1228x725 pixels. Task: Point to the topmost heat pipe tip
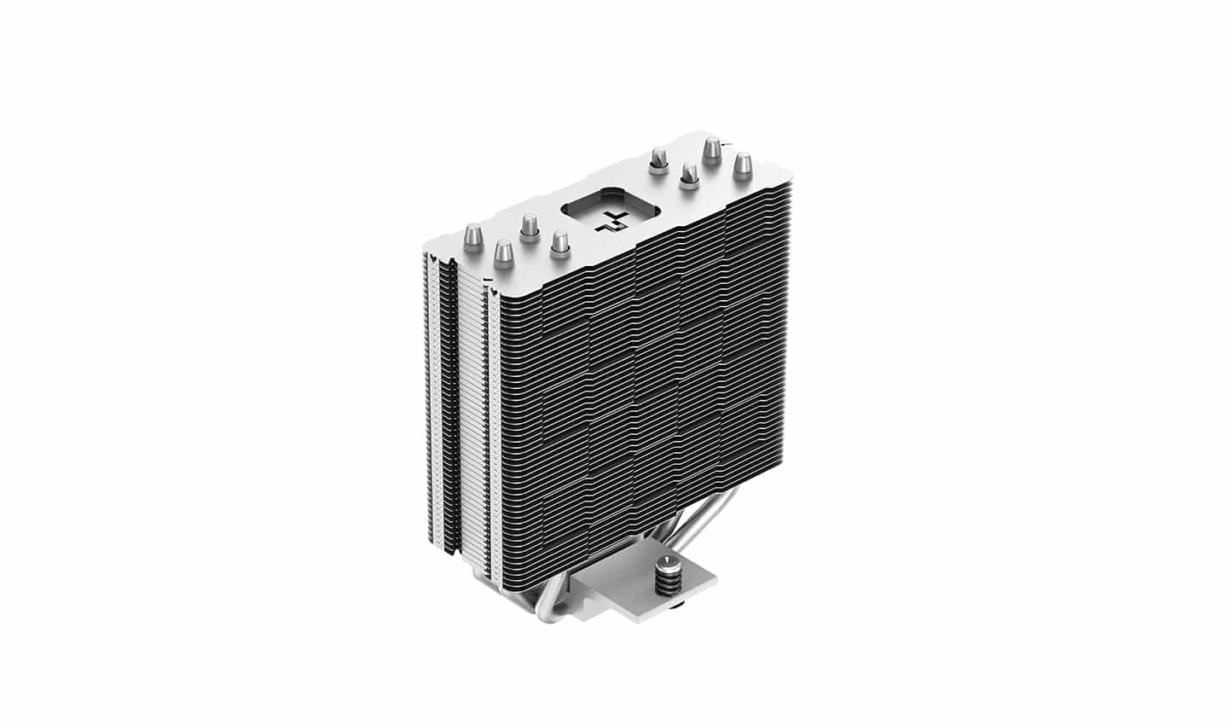point(710,150)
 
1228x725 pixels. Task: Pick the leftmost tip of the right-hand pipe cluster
point(658,157)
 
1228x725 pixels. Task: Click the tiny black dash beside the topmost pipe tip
point(723,146)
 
